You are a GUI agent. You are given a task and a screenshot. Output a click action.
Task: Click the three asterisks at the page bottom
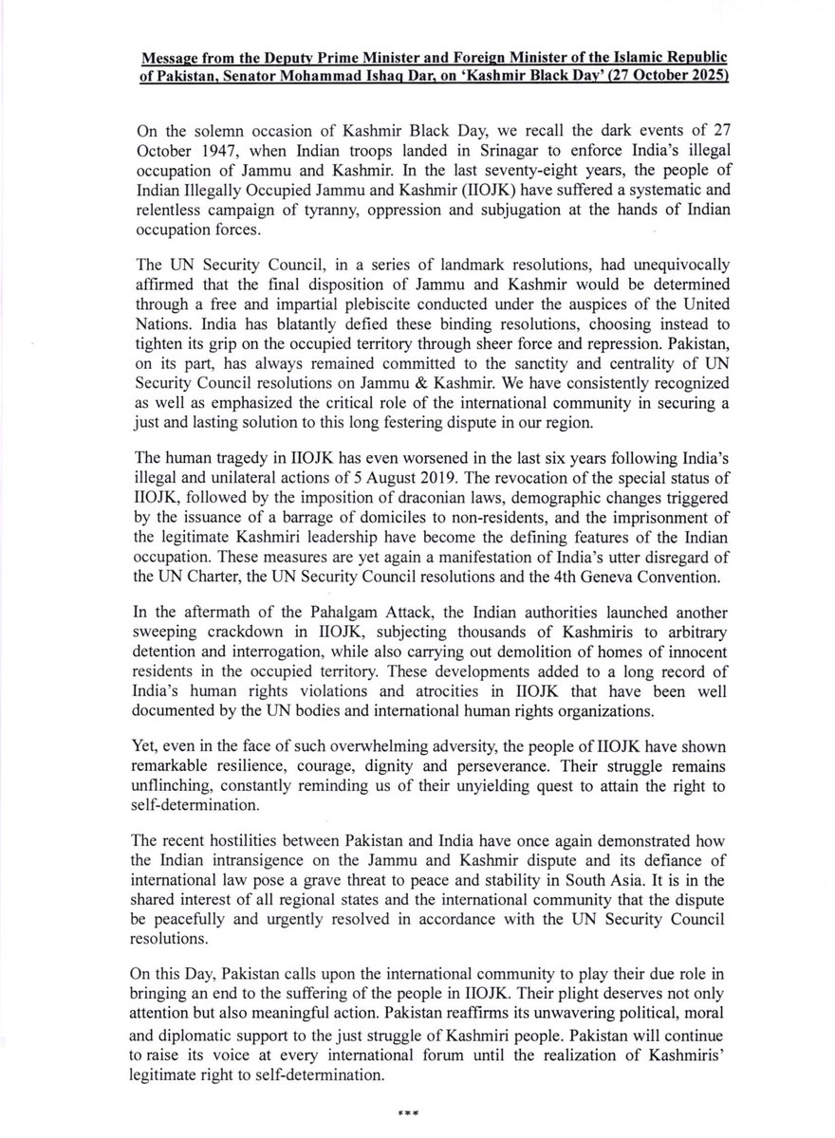[x=417, y=1110]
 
